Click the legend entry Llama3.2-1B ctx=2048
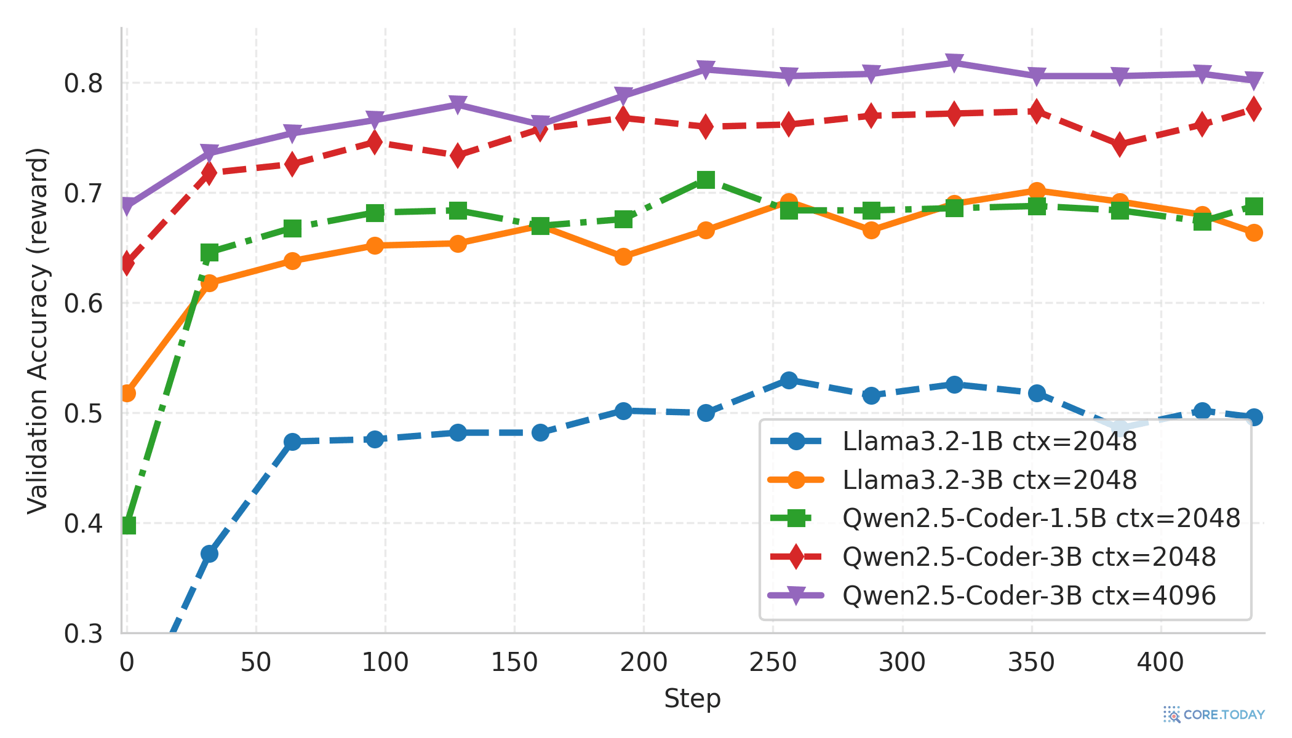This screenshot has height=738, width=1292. point(989,442)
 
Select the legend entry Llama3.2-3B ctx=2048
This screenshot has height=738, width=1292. point(989,480)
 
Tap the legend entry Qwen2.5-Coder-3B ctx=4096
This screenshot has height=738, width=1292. point(1029,595)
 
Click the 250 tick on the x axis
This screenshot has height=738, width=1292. point(773,662)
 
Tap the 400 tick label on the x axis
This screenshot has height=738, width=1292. point(1160,662)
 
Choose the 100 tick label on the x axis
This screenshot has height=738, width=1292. point(385,662)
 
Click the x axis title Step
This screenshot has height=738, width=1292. point(692,699)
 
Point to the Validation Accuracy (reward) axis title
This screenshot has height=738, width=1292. point(38,330)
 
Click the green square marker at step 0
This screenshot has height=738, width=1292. point(128,525)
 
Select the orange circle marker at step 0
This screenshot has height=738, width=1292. point(127,393)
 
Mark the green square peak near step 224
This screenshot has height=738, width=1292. point(706,180)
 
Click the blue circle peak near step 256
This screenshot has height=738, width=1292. point(789,380)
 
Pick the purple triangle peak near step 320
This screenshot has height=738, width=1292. point(954,63)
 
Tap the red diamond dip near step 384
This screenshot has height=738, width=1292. point(1120,145)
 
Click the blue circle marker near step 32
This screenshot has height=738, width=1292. point(209,553)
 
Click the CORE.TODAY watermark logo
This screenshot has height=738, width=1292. point(1214,715)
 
